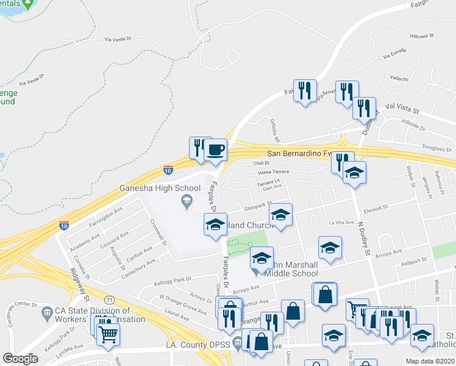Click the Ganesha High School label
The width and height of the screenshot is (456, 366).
click(160, 188)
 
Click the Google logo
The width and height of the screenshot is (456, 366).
click(20, 359)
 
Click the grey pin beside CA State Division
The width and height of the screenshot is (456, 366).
click(47, 313)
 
